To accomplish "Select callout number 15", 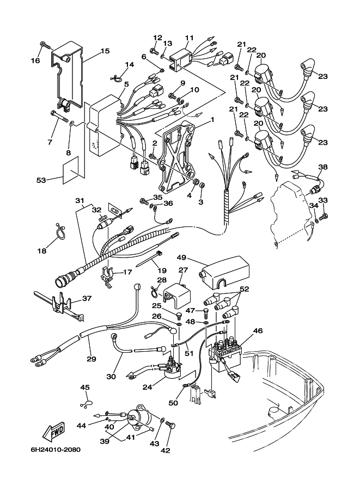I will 105,51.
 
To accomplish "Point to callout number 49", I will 181,257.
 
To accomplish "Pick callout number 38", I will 323,167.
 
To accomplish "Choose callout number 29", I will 91,359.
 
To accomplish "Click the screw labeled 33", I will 324,217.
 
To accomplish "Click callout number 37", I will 86,298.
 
